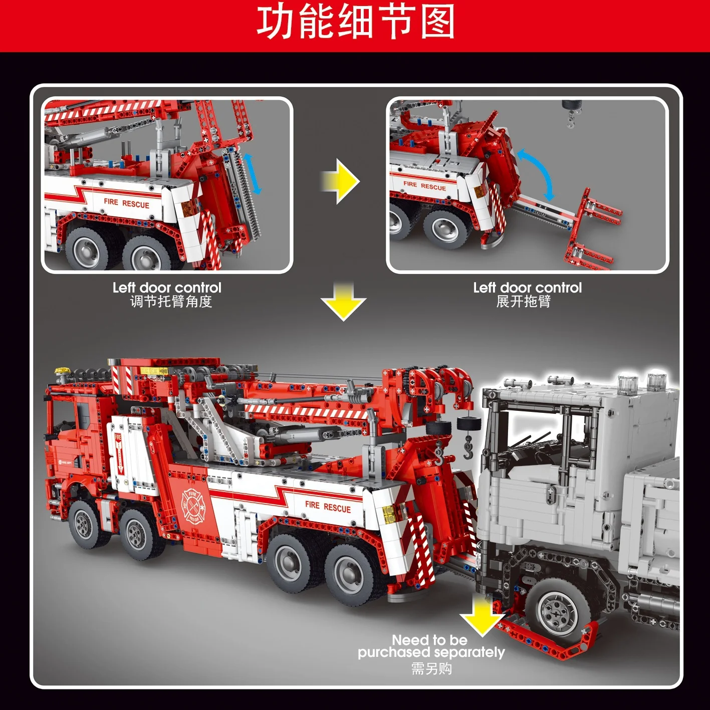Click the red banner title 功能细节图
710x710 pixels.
pos(355,23)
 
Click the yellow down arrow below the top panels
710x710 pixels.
pos(343,302)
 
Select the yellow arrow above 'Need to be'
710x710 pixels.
pos(482,617)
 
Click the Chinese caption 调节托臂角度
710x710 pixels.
pos(171,302)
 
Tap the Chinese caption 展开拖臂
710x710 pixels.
pos(523,302)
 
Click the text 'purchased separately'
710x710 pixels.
pos(431,652)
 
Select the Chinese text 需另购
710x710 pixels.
pos(431,668)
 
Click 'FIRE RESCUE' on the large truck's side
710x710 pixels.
pos(328,507)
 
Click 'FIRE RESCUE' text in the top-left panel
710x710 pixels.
pos(126,203)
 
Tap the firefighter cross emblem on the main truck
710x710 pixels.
pos(193,506)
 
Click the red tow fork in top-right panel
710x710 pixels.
pos(591,230)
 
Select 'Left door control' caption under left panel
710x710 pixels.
pos(167,288)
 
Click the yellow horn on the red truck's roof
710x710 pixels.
pos(61,371)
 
